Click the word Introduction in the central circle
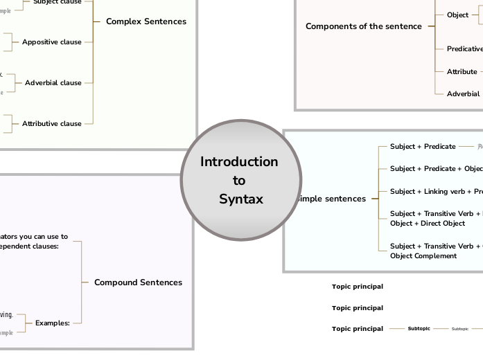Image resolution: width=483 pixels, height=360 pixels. [x=239, y=162]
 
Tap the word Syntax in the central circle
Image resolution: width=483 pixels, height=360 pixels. [x=241, y=199]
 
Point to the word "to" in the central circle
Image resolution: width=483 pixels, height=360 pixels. [x=239, y=181]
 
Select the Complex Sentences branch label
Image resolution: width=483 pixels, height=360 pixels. [x=146, y=21]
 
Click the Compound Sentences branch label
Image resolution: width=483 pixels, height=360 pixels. [x=138, y=282]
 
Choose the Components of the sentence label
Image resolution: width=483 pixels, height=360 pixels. [x=363, y=26]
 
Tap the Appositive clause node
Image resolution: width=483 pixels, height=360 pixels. [x=51, y=42]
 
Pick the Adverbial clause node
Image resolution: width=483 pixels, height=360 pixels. [x=53, y=83]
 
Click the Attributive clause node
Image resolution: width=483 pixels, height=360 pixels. [x=51, y=124]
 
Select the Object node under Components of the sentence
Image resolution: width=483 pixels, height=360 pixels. [x=457, y=15]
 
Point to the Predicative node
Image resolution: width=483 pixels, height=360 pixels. [x=464, y=49]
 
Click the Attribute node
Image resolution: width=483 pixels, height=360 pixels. [x=462, y=71]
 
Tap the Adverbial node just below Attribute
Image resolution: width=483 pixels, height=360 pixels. [x=462, y=93]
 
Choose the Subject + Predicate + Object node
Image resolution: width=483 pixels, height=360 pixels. [x=436, y=169]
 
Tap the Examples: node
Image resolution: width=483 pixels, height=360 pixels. [x=53, y=323]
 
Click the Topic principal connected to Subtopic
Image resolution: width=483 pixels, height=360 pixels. [x=357, y=329]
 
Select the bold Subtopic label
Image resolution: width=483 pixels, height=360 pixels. [x=419, y=329]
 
